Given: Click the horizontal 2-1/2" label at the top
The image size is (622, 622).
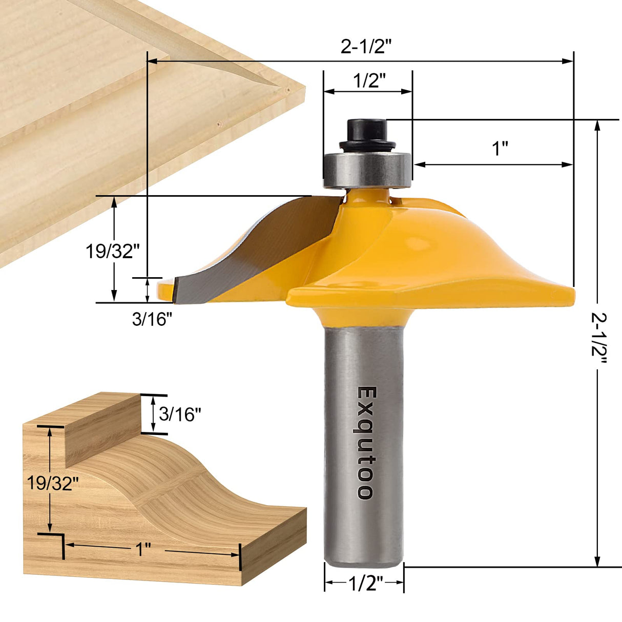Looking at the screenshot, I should tap(366, 47).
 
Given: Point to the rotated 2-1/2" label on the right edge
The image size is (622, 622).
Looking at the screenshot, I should tap(599, 338).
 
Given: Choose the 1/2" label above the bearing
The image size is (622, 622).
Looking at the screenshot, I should tap(369, 80).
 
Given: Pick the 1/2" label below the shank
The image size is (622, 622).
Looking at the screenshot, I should tap(365, 584).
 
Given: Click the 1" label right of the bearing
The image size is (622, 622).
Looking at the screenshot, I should tap(500, 149).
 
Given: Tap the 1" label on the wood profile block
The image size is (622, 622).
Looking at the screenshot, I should tap(143, 550).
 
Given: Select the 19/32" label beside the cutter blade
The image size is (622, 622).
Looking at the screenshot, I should tap(112, 251).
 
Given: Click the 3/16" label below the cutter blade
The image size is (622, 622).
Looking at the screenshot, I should tap(152, 319).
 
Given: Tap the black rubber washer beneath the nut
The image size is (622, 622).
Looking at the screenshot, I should tap(367, 146).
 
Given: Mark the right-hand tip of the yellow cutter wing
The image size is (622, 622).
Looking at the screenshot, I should tap(573, 294).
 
